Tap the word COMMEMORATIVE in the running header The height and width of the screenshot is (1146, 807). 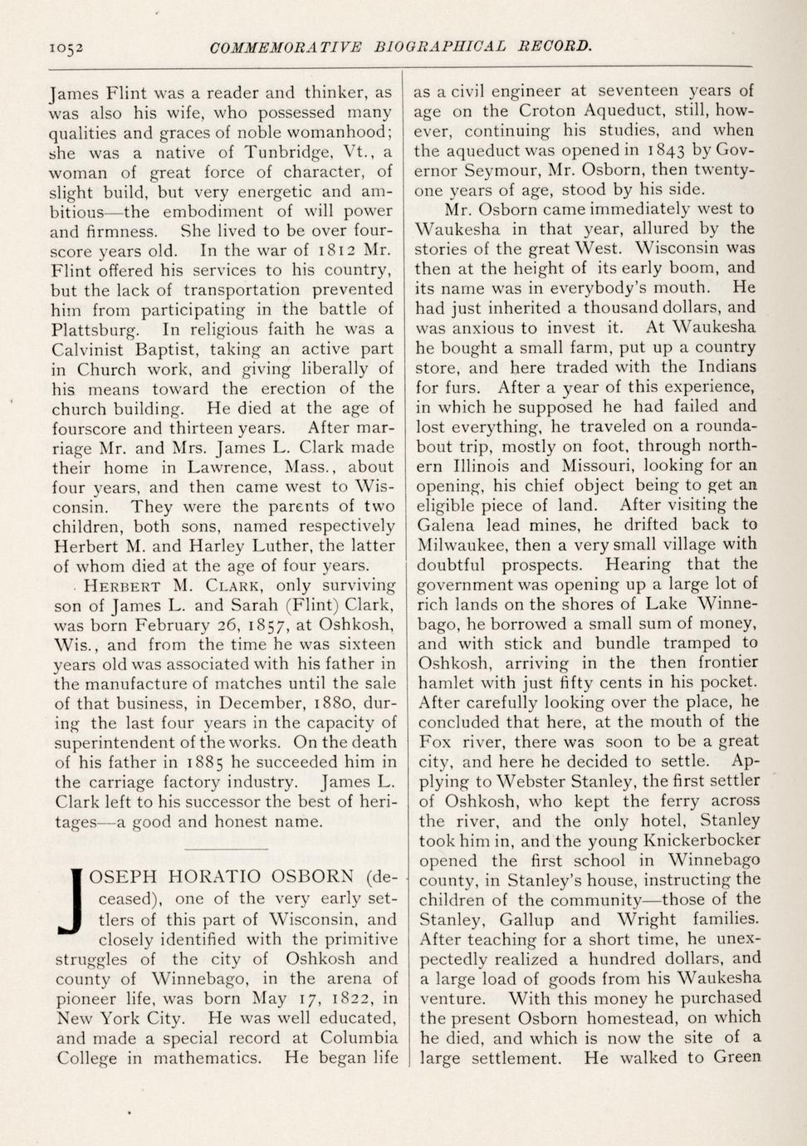click(x=286, y=47)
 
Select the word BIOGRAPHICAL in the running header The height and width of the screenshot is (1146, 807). click(x=440, y=47)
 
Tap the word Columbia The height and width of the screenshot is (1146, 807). click(x=359, y=1038)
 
